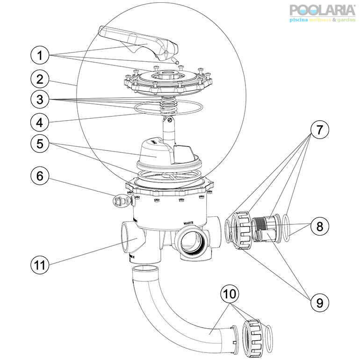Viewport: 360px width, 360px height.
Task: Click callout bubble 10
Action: pyautogui.click(x=232, y=295)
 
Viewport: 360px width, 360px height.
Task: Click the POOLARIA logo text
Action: pyautogui.click(x=322, y=10)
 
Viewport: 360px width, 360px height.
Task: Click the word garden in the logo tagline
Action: pyautogui.click(x=344, y=20)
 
